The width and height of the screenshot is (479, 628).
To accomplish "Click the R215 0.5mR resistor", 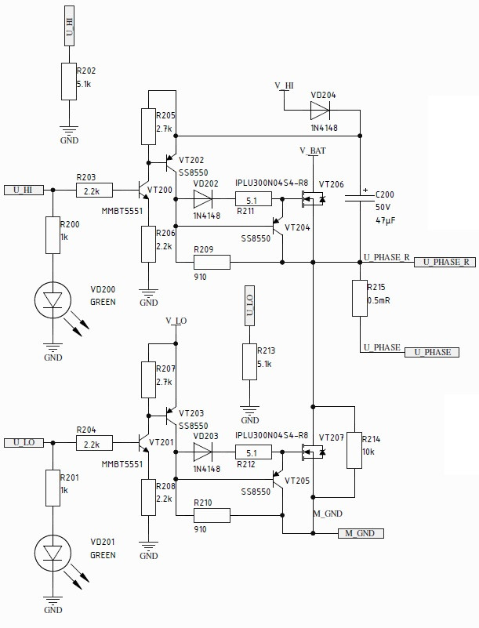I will coord(360,298).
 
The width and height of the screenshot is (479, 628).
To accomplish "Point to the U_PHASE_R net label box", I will coord(444,262).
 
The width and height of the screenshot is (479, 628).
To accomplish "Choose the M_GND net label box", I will coord(361,533).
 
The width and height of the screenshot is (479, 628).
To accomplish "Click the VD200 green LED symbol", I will coord(53,299).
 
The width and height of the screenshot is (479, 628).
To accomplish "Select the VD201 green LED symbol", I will coord(53,554).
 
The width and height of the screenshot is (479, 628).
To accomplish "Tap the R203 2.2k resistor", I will coord(95,190).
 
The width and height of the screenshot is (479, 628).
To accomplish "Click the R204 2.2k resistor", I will coord(95,443).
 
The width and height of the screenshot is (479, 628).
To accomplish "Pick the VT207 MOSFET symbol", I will coord(314,452).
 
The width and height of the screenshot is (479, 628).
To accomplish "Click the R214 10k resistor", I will coord(354,451).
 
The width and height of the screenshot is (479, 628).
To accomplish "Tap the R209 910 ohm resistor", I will coord(212,262).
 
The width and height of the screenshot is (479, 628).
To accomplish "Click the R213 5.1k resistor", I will coord(249,362).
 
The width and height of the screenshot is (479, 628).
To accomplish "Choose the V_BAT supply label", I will coord(313,150).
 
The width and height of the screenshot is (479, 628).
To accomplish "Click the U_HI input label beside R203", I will coord(24,190).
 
